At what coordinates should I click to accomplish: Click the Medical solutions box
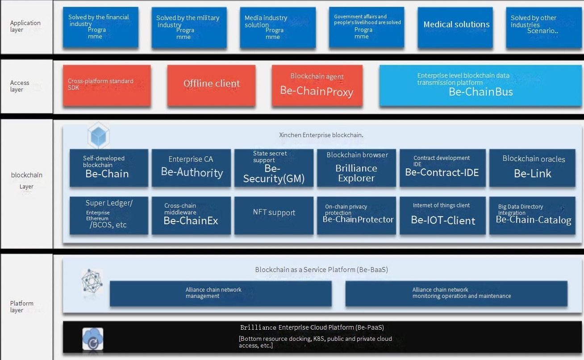click(455, 27)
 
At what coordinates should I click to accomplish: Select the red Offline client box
click(211, 85)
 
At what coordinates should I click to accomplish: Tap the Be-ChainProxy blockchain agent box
click(317, 85)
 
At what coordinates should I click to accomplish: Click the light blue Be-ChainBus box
click(480, 85)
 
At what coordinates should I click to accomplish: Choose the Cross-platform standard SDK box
click(106, 85)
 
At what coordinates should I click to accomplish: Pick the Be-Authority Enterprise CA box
click(192, 167)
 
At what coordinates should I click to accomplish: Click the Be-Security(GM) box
click(274, 167)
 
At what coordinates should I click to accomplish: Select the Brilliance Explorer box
click(356, 167)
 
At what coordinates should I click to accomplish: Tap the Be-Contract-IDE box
click(442, 167)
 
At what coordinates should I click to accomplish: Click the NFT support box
click(274, 215)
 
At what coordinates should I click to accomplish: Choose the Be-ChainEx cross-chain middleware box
click(192, 215)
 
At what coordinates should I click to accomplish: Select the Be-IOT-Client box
click(442, 215)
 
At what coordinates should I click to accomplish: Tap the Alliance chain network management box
click(221, 293)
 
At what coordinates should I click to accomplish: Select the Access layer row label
click(20, 86)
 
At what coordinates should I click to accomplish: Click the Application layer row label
click(25, 26)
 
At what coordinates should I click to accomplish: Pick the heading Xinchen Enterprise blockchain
click(321, 135)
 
